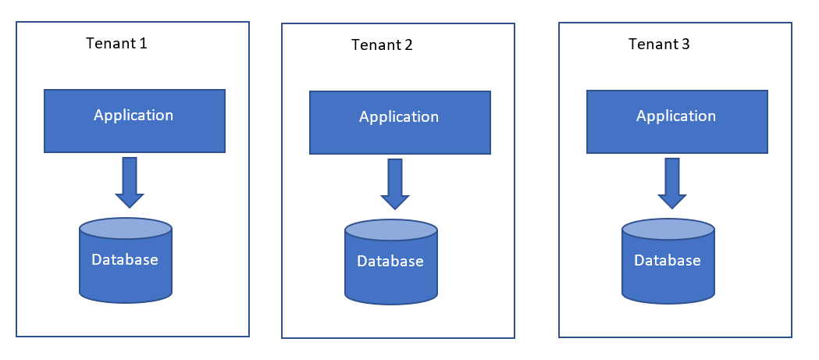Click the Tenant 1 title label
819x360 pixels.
pos(116,44)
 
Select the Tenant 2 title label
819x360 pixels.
pos(382,45)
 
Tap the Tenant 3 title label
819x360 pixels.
pos(659,44)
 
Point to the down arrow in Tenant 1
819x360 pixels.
pos(130,183)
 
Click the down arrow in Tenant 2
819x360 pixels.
pos(395,184)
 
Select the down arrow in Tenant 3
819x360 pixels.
pos(672,184)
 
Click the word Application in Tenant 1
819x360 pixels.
pos(134,115)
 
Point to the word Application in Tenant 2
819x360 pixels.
pos(399,117)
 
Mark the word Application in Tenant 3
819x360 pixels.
pos(676,116)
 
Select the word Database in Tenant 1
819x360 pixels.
pos(125,259)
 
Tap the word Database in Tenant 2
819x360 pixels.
pos(390,261)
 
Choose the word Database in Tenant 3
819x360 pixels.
pos(668,260)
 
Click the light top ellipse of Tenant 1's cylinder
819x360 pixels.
pos(126,228)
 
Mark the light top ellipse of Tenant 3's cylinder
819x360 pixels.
pos(668,230)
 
